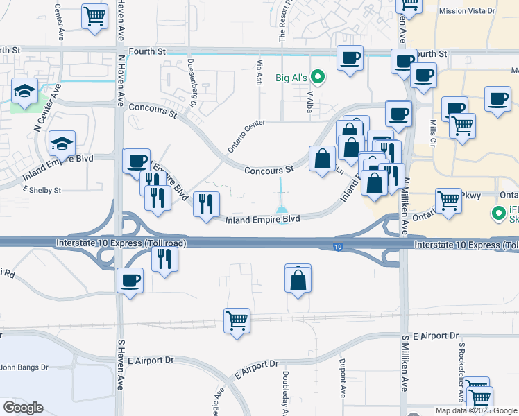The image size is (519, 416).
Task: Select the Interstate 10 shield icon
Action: [x=337, y=247]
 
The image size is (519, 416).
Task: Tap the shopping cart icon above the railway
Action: [x=237, y=320]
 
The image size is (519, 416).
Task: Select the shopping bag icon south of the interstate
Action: [x=298, y=280]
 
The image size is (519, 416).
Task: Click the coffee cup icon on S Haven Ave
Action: [x=130, y=281]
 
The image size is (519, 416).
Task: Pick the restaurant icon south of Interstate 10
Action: [x=164, y=259]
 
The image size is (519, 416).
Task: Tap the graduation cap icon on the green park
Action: [x=24, y=90]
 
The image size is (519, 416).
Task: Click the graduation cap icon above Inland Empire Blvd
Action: [x=62, y=144]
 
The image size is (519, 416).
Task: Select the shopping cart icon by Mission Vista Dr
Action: [x=409, y=4]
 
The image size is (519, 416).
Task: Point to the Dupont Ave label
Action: [x=342, y=381]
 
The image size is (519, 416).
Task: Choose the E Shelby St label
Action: [x=43, y=190]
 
